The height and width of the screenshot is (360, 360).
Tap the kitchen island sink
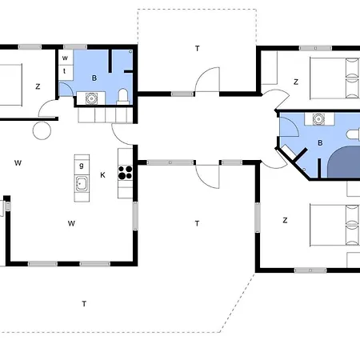point(82,185)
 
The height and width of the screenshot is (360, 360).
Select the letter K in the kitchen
point(102,174)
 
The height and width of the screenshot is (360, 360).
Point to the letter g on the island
point(82,166)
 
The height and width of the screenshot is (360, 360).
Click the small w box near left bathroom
point(65,58)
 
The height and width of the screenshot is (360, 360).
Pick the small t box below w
point(65,70)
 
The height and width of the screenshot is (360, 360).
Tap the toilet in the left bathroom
point(122,96)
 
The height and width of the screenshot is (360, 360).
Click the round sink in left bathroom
point(90,98)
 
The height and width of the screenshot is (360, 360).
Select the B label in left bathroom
point(94,78)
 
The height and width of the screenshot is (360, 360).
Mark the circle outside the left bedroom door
point(41,131)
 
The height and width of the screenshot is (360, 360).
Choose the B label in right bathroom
point(320,143)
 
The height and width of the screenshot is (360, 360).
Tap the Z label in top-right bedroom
point(295,82)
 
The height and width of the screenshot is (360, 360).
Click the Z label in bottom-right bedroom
point(285,219)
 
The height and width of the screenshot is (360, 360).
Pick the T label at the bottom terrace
point(83,303)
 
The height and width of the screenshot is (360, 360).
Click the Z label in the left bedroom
point(37,86)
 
